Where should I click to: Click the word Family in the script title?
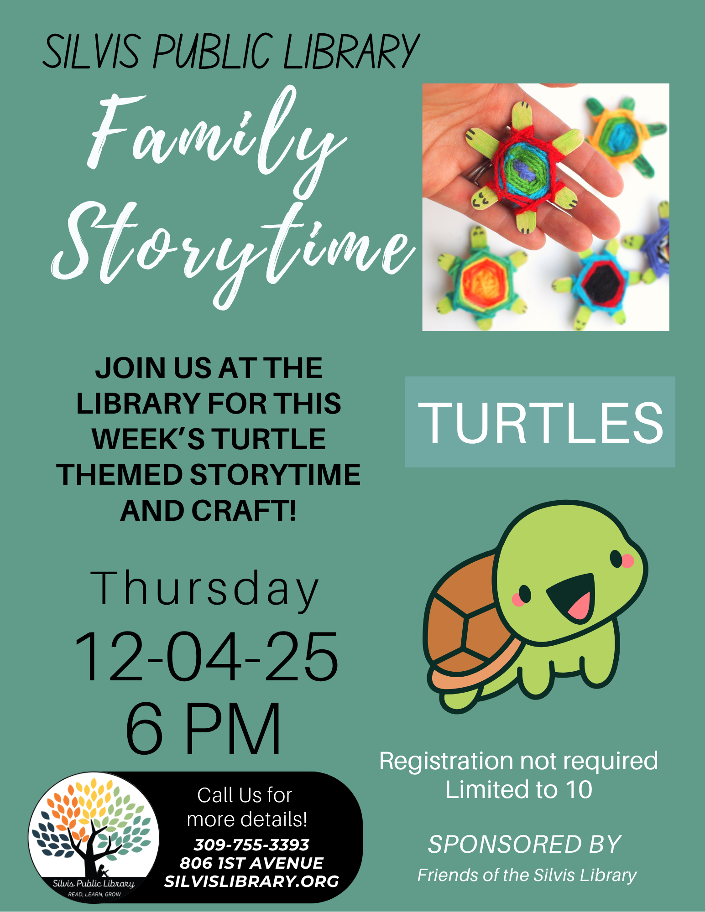[x=214, y=137]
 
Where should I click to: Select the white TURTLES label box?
[x=540, y=422]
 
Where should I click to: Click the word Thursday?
[x=204, y=589]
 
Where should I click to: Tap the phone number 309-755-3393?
[x=251, y=845]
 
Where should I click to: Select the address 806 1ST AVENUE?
[x=251, y=863]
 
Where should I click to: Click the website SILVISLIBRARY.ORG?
[x=251, y=881]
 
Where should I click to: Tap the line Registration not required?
[x=518, y=761]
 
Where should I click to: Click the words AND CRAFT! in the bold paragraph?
[x=208, y=511]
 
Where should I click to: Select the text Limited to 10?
[x=518, y=789]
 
